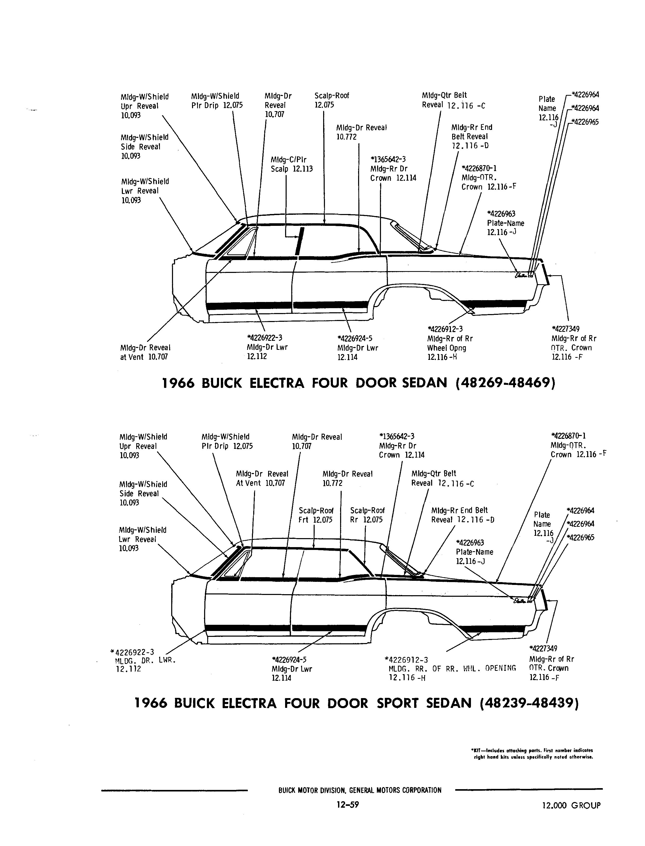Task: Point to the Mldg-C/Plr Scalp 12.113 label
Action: click(x=292, y=164)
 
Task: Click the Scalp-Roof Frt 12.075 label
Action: click(x=316, y=515)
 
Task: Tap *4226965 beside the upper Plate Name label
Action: click(x=585, y=122)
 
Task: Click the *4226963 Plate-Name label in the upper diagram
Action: click(x=505, y=223)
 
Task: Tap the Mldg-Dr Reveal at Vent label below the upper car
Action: click(x=145, y=352)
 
